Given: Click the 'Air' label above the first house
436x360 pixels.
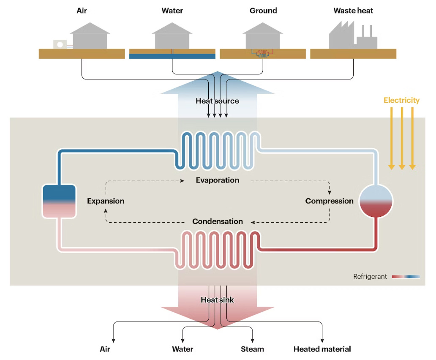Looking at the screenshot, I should (x=82, y=11).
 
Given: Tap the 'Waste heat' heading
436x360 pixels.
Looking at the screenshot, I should (x=353, y=11).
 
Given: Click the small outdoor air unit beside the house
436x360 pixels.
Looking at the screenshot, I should (x=60, y=44).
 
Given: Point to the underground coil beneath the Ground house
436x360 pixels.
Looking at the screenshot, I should (x=262, y=54).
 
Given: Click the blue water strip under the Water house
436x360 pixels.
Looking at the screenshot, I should (x=172, y=56).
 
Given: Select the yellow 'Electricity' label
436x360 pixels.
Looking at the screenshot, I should (x=401, y=100).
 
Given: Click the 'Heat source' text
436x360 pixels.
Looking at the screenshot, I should (x=217, y=101).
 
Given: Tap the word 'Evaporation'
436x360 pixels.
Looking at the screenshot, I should (x=217, y=180).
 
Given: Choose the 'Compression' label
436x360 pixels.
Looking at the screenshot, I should (x=329, y=201).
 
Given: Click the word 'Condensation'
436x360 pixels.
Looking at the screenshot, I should (x=217, y=221).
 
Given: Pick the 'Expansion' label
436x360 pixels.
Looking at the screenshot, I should (x=106, y=201).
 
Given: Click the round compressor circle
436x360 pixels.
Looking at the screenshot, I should (x=376, y=201).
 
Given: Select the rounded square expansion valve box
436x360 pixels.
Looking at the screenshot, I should (x=59, y=201).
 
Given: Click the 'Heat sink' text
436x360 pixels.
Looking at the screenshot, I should (x=217, y=300).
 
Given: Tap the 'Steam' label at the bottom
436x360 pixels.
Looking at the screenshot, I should (x=252, y=349).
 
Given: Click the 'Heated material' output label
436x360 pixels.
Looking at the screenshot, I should (x=322, y=349).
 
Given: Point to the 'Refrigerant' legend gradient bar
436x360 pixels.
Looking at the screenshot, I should (x=406, y=277).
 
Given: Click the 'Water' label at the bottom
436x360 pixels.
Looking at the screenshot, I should (x=183, y=349).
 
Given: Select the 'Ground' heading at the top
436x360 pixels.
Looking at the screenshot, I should (x=263, y=11).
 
